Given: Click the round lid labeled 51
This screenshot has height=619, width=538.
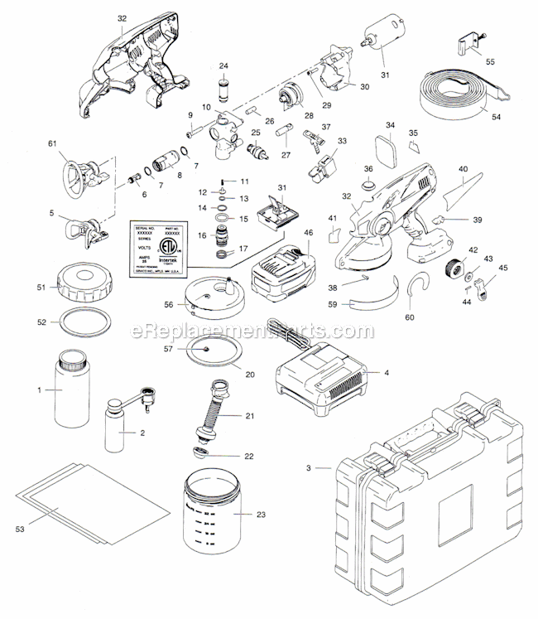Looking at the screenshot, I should tap(83, 290).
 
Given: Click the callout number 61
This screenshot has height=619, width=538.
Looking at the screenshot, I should tap(52, 143).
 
